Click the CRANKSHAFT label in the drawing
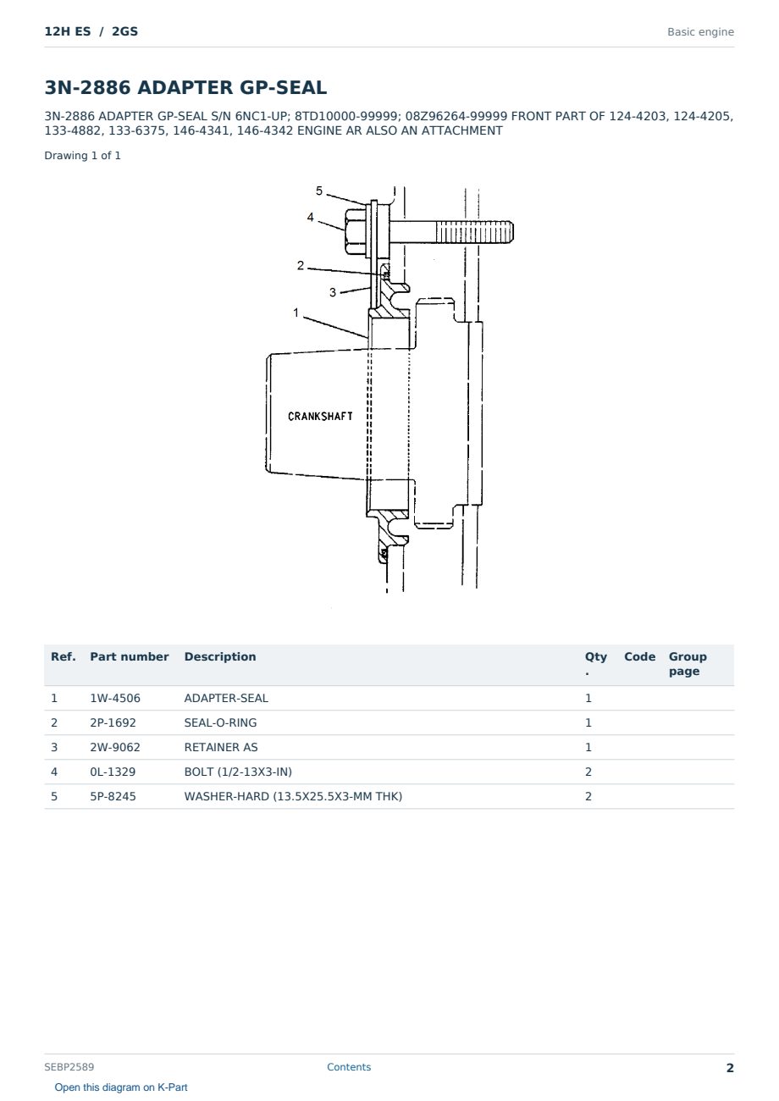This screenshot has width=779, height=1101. (320, 417)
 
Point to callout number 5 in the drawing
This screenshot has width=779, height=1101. (319, 191)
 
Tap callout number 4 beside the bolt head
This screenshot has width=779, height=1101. (310, 218)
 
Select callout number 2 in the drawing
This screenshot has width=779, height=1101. (301, 265)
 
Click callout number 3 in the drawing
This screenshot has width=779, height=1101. (333, 292)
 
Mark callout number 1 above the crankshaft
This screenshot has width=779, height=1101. (296, 313)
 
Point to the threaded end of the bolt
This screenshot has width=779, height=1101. (474, 231)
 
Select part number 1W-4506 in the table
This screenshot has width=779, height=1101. (115, 698)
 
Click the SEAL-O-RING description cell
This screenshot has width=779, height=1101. (220, 722)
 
